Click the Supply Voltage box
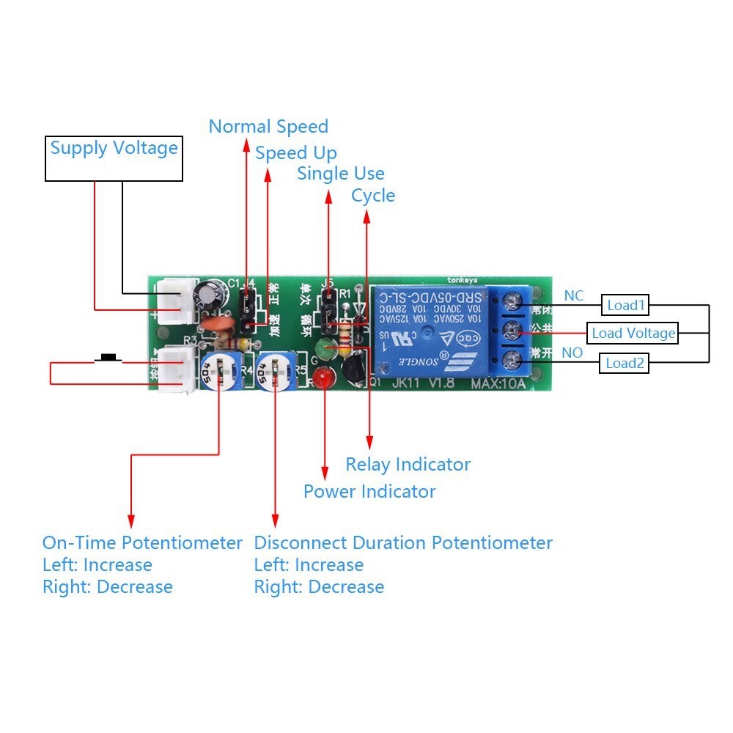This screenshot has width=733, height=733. (x=114, y=158)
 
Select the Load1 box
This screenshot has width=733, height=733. (x=625, y=304)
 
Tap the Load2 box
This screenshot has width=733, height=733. (x=624, y=363)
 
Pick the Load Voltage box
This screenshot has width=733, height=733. (x=633, y=334)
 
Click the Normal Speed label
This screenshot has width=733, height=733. (x=268, y=127)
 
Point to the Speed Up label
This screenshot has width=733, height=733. (x=296, y=153)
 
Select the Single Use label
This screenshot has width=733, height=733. (x=341, y=174)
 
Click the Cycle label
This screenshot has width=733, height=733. (x=373, y=196)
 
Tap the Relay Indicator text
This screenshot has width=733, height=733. (x=408, y=465)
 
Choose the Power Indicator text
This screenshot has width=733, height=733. (x=369, y=491)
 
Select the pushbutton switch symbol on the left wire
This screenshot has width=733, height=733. (x=110, y=358)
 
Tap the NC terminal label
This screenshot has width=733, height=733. (x=574, y=295)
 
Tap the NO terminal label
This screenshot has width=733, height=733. (x=572, y=353)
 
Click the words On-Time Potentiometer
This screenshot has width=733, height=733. (x=142, y=543)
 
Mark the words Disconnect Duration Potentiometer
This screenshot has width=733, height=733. (x=403, y=543)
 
